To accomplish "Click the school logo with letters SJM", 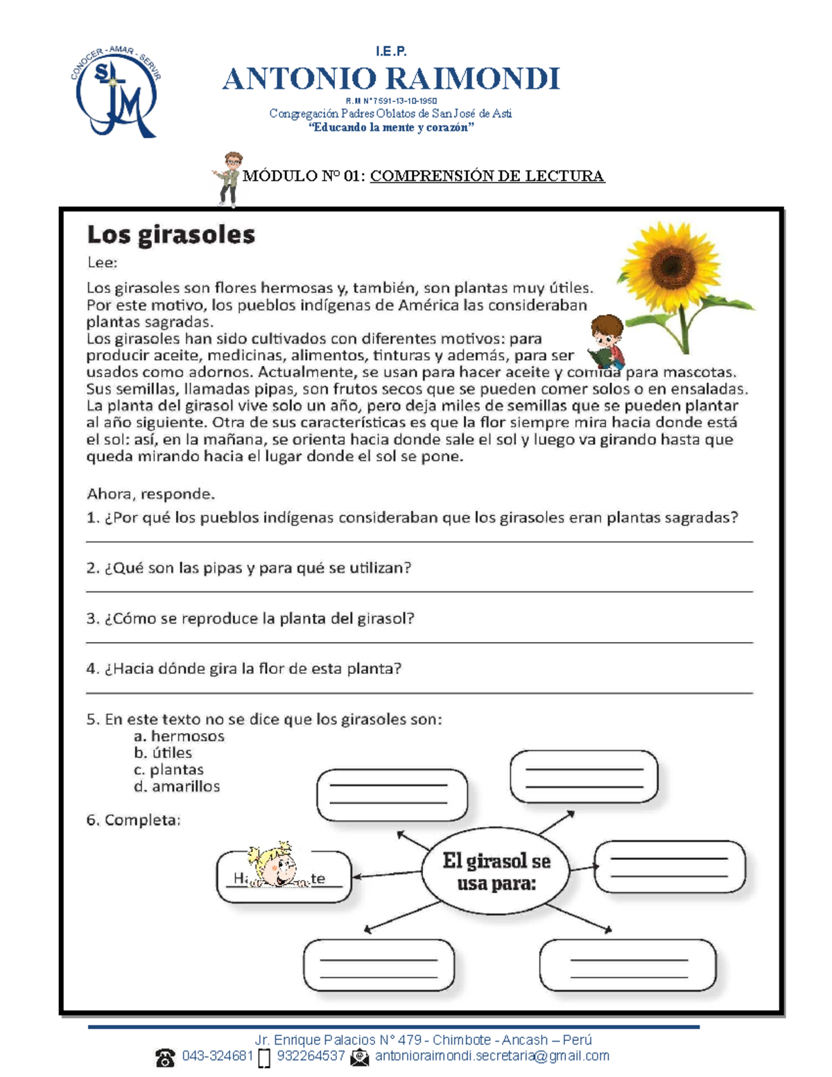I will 116,92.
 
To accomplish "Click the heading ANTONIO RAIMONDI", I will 391,79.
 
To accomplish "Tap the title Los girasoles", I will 171,235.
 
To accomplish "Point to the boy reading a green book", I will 607,341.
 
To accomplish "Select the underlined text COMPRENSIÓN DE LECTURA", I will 487,176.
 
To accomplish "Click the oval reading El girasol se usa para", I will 496,872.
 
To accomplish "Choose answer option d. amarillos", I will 177,786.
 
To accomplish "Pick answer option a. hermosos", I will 179,736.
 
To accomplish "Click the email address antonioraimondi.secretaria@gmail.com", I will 492,1056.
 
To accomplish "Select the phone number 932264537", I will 311,1056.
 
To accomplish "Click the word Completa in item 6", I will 142,820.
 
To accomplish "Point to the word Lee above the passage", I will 102,263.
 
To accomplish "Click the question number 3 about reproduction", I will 92,619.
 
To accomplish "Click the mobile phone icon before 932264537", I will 264,1058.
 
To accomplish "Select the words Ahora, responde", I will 150,494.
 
